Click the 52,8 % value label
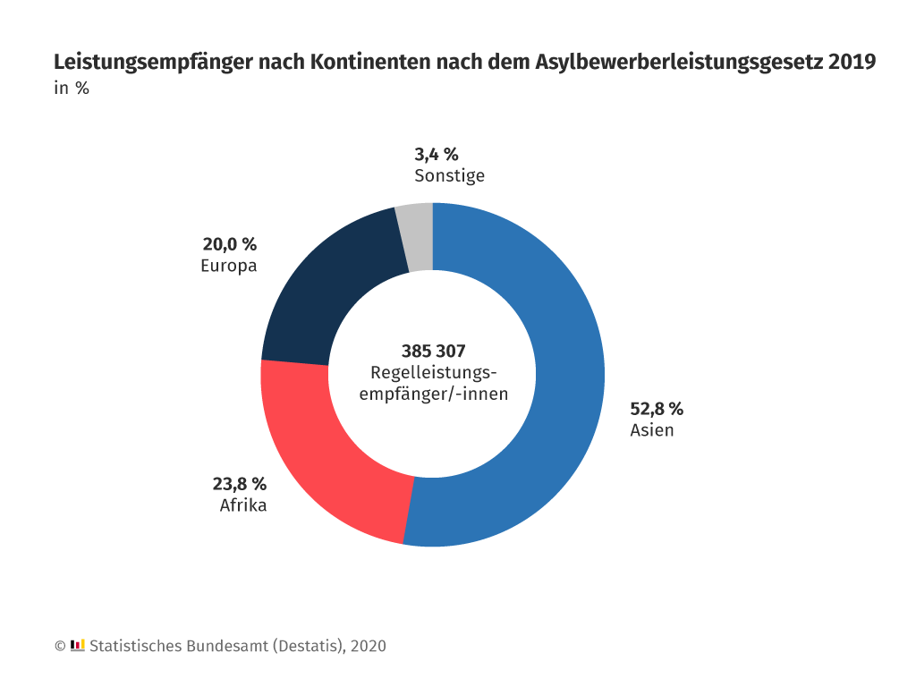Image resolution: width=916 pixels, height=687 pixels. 657,409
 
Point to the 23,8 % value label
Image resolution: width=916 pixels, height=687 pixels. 239,484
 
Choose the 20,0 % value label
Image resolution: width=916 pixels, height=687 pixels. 229,244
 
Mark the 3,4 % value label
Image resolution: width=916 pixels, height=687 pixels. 436,154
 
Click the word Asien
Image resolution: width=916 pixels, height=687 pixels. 651,430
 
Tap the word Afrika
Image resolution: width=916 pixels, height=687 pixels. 243,505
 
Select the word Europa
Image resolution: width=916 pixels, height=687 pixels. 229,266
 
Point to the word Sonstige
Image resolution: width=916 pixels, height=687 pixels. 449,175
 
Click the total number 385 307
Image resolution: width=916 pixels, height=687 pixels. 433,351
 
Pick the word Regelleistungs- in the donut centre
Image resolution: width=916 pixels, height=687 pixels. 433,372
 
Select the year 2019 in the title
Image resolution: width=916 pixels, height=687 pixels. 852,63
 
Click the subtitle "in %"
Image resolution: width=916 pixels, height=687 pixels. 71,89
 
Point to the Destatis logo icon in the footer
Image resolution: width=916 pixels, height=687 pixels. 77,645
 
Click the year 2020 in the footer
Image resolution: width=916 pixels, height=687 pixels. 368,646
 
